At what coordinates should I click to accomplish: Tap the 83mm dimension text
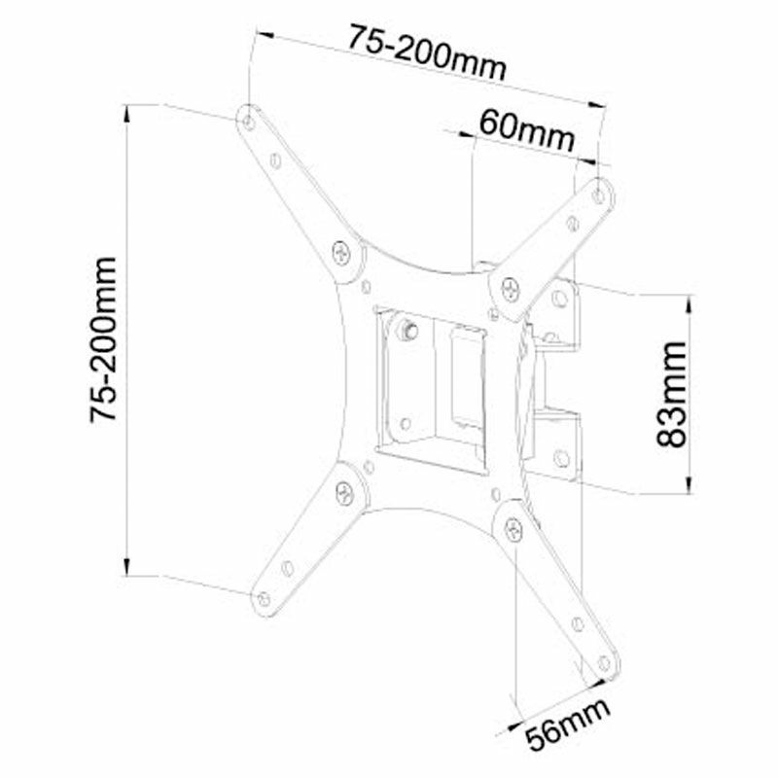click(x=671, y=394)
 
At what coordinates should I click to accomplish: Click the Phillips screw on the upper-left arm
click(x=342, y=251)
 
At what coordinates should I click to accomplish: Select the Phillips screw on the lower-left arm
click(x=344, y=491)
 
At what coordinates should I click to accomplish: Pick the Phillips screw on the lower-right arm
click(x=512, y=526)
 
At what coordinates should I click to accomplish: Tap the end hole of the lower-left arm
click(x=263, y=596)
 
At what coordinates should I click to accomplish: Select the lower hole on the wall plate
click(x=561, y=456)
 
